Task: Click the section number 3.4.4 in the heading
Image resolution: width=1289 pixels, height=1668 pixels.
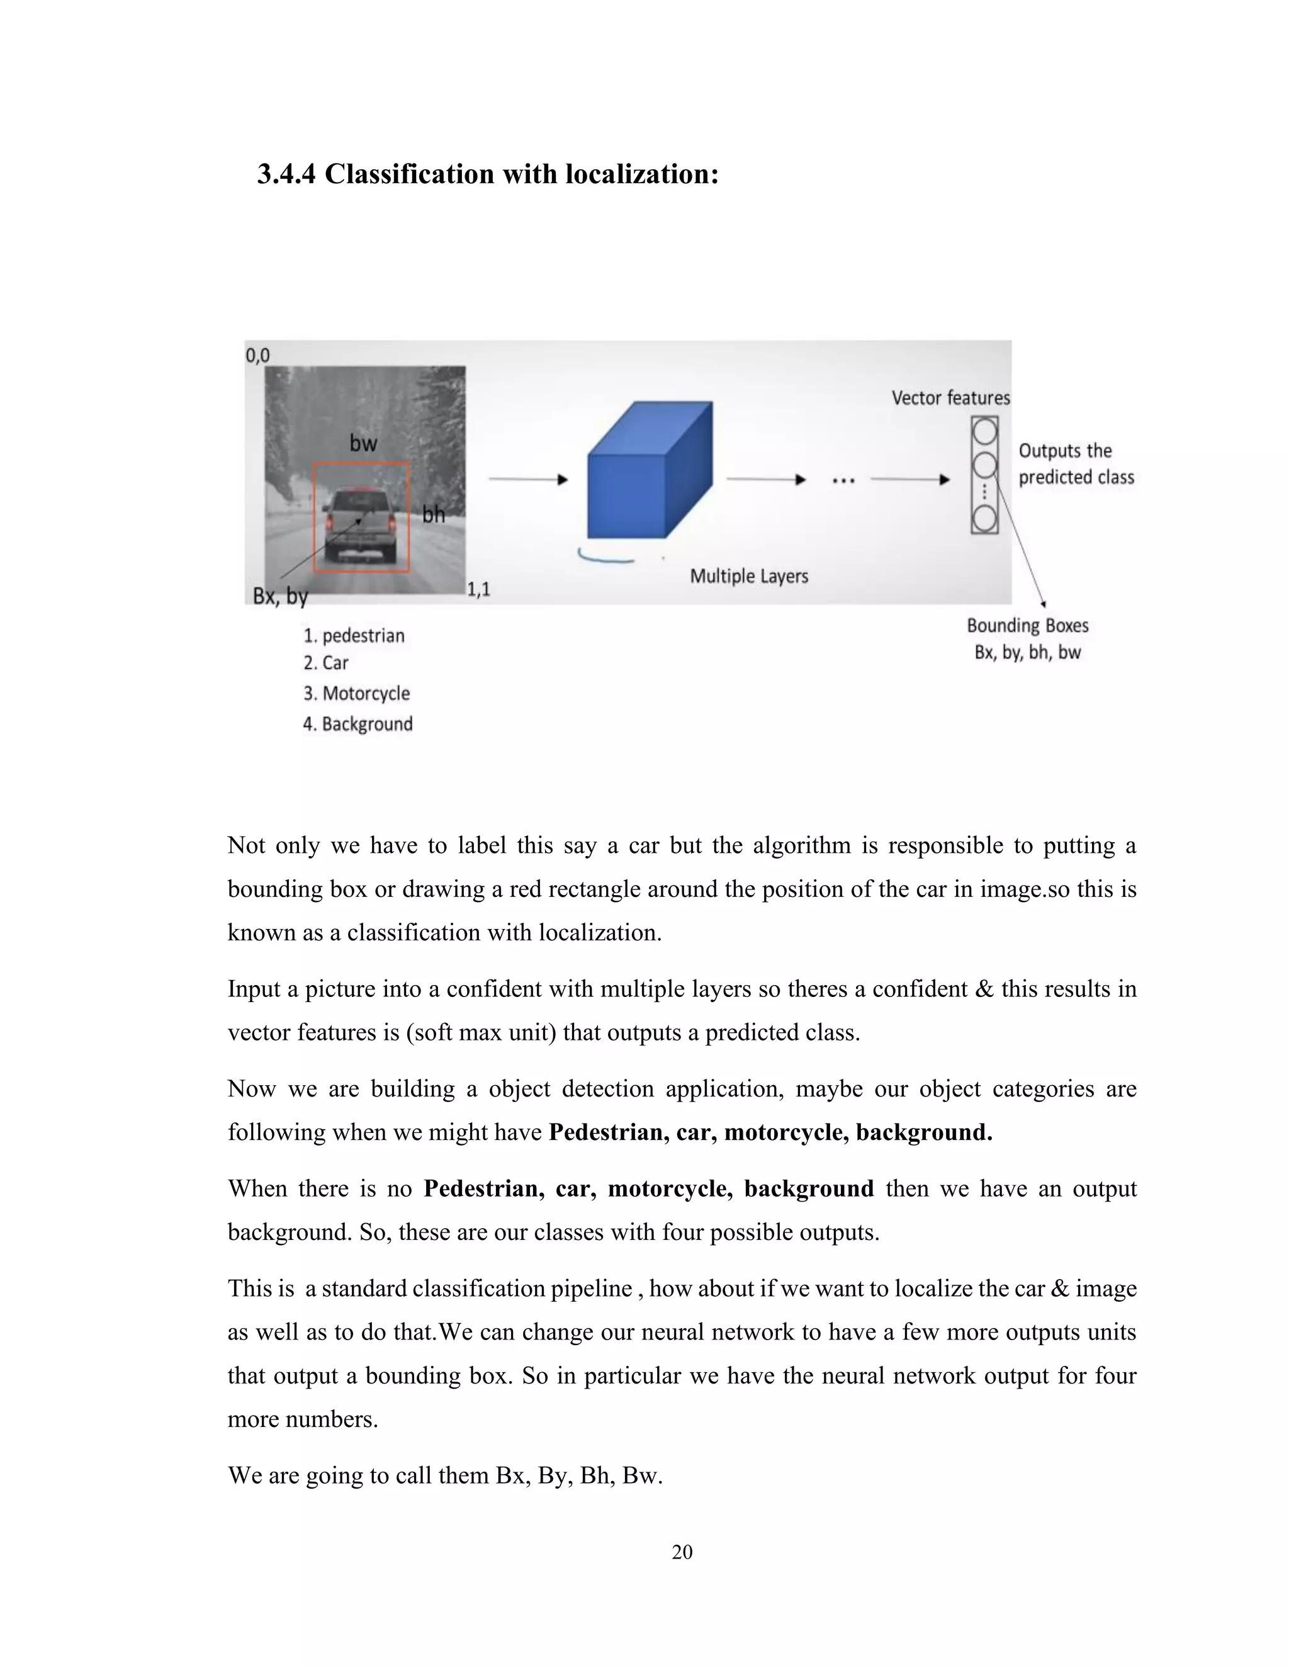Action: click(286, 175)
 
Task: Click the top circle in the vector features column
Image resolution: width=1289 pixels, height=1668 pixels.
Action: click(984, 432)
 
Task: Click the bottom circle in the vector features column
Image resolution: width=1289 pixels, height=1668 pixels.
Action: click(984, 519)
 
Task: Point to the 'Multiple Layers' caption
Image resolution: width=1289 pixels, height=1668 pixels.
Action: click(748, 576)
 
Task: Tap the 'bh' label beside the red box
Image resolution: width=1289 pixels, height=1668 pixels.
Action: click(433, 514)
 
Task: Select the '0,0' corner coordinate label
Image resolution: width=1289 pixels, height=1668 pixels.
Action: click(257, 355)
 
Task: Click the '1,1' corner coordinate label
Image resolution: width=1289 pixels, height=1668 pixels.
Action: click(478, 589)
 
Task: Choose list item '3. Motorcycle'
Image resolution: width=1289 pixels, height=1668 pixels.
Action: click(357, 694)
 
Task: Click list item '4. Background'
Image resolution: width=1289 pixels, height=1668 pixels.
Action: click(357, 724)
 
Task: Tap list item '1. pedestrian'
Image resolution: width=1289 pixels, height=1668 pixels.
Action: click(354, 636)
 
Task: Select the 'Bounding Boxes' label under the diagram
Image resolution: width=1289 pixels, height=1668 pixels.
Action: click(1027, 626)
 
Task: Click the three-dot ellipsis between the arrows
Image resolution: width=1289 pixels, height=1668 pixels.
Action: click(843, 480)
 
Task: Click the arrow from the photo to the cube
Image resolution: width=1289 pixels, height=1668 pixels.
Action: click(527, 480)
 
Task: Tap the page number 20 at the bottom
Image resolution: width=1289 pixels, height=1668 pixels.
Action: click(682, 1552)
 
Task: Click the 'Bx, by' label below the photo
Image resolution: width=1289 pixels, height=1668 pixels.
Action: click(280, 595)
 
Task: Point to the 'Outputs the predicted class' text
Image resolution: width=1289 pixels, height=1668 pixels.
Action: click(1075, 464)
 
